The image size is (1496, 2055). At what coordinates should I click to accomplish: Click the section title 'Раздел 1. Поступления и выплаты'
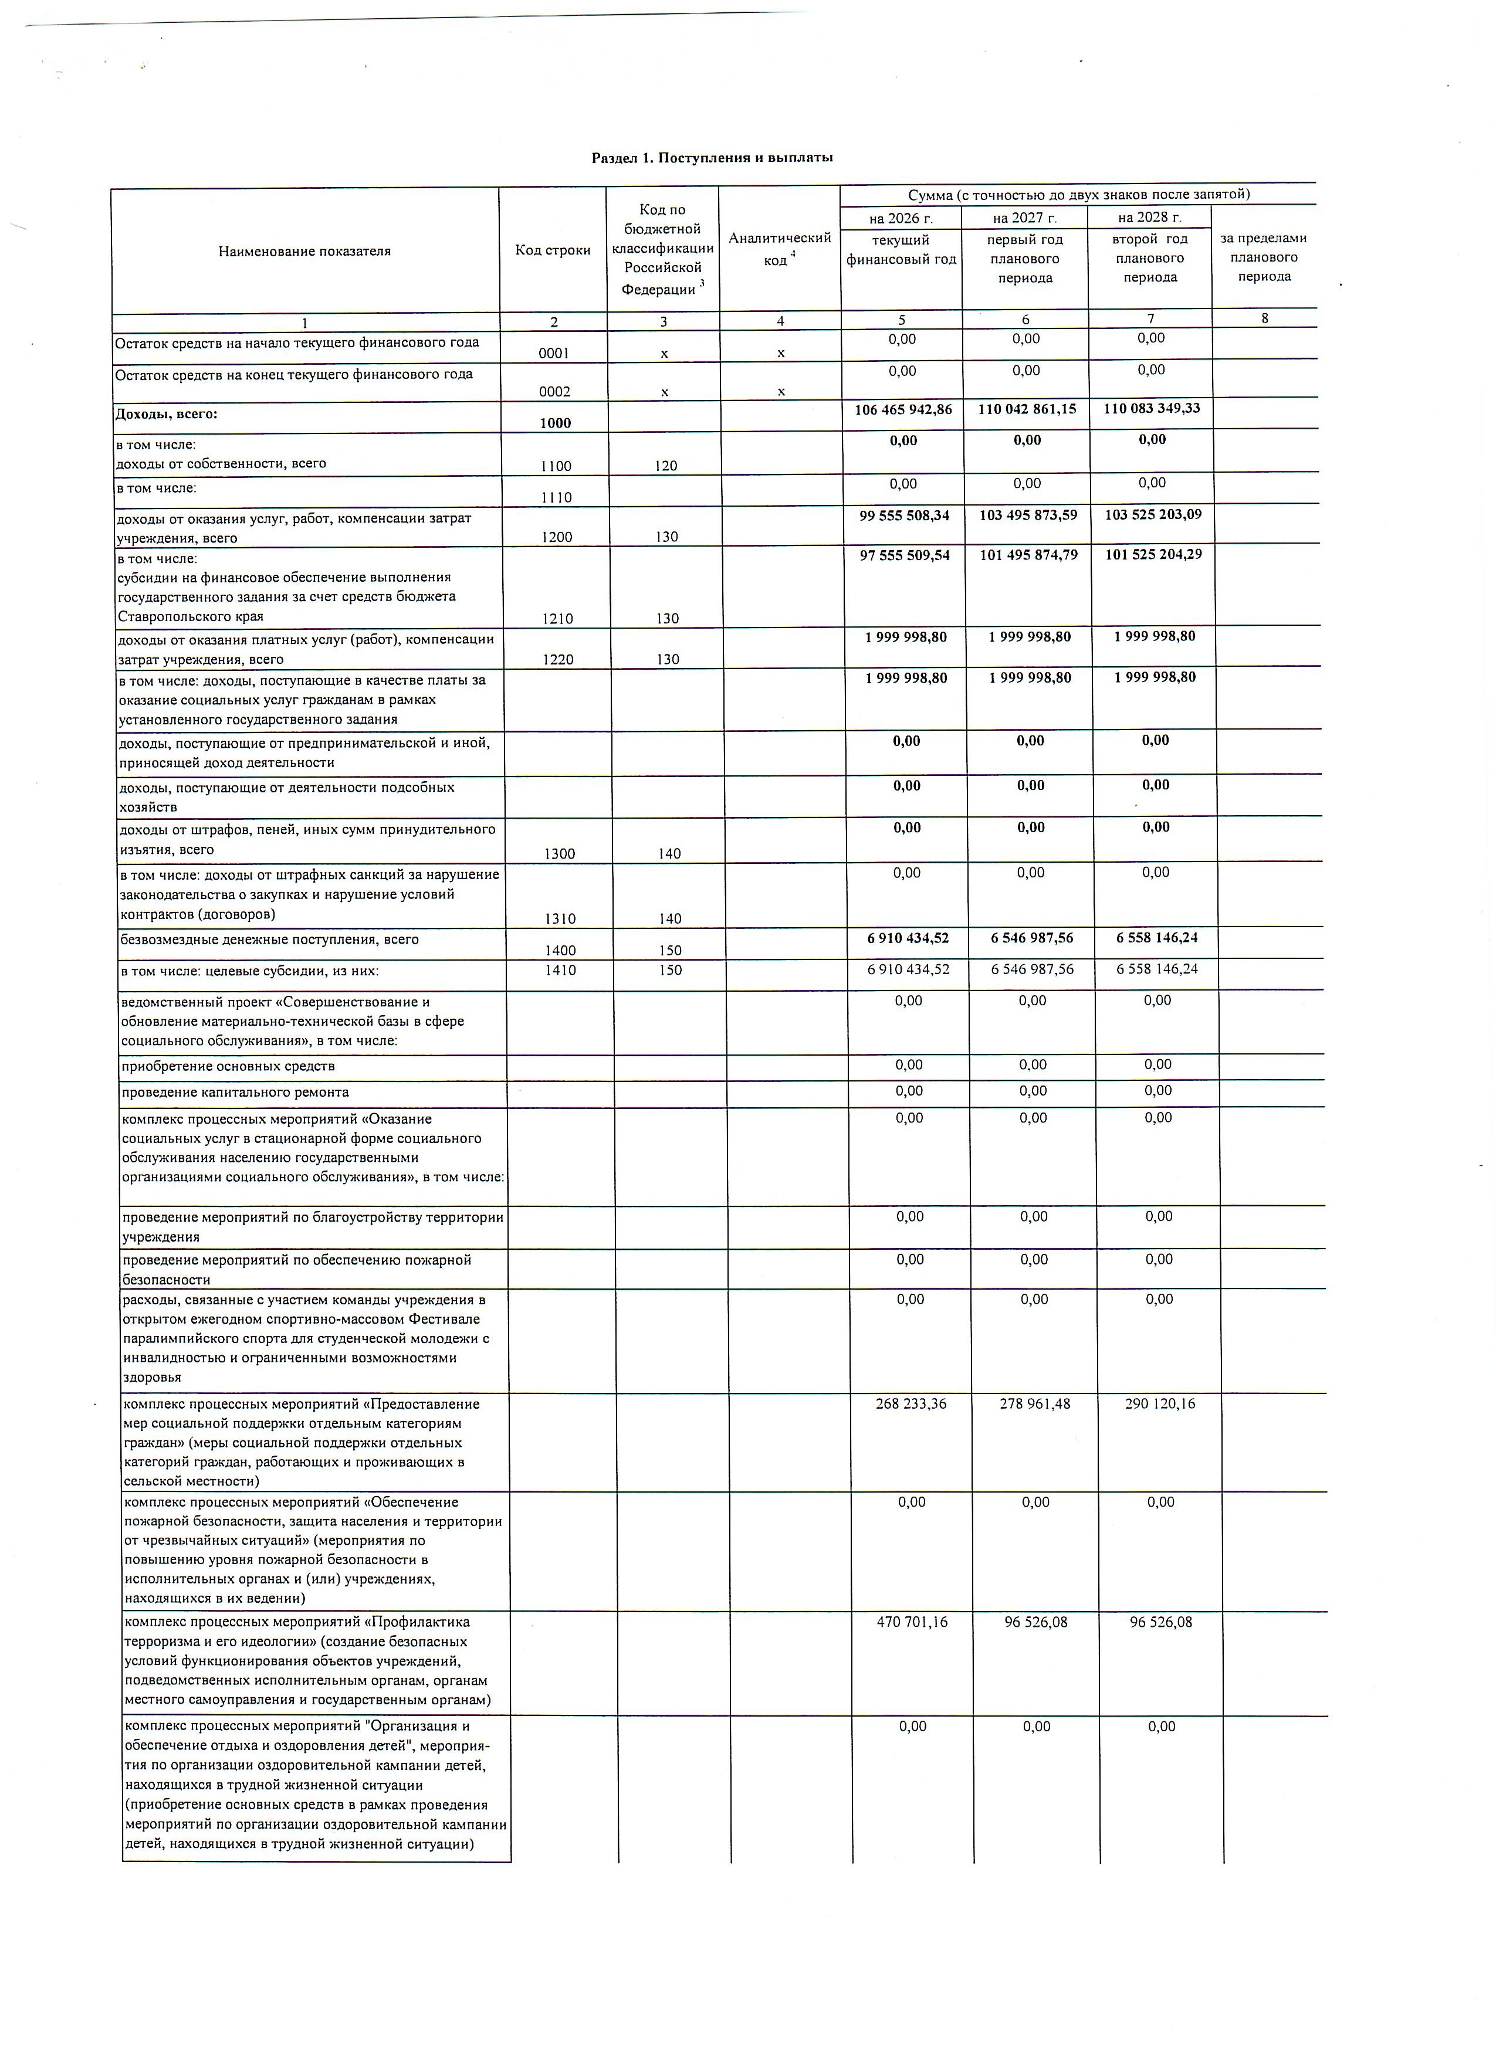712,158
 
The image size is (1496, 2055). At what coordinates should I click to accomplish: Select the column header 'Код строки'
553,250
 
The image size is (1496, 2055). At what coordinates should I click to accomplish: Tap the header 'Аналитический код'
779,248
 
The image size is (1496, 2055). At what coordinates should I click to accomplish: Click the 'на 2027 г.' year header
1025,218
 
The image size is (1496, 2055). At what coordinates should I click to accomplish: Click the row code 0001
554,354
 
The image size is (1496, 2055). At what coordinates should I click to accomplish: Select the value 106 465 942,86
903,409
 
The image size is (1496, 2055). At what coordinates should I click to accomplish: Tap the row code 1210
557,619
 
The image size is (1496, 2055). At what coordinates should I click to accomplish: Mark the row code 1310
560,919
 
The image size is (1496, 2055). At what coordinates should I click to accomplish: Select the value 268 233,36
911,1403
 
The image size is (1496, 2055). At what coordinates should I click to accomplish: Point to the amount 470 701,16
912,1622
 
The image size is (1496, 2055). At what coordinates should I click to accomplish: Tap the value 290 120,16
1160,1403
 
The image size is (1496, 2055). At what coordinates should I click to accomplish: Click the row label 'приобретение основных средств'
228,1066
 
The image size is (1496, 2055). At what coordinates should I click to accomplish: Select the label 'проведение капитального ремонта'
236,1092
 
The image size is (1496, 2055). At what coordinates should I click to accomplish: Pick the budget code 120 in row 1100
666,466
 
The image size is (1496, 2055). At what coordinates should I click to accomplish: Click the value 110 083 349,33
1152,409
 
